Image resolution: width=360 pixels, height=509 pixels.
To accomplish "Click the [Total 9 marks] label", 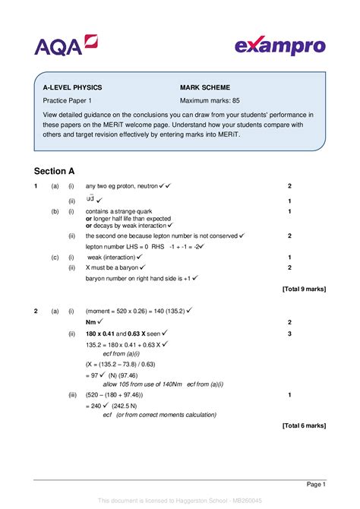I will tap(303, 289).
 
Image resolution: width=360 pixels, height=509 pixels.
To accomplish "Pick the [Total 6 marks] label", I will tap(303, 426).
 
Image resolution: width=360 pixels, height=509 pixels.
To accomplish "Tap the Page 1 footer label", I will tap(316, 484).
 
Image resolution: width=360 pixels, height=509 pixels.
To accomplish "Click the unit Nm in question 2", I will tap(91, 322).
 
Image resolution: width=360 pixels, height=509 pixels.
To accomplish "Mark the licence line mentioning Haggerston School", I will tap(179, 501).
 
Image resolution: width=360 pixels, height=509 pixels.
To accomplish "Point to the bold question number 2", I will tap(36, 311).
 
